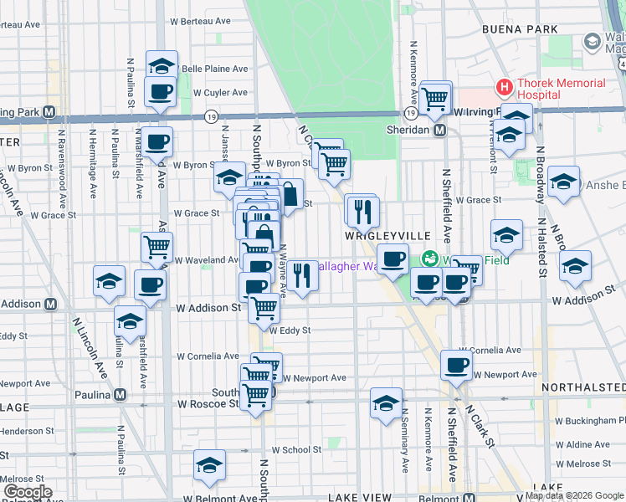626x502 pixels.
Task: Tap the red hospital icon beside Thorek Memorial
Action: click(x=504, y=85)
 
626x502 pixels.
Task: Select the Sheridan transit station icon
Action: click(x=439, y=131)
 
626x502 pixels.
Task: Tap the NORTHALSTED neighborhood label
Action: click(x=583, y=387)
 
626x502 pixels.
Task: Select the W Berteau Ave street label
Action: click(x=200, y=21)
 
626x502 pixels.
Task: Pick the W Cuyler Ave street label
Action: click(x=220, y=93)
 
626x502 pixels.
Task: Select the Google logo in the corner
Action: click(x=27, y=492)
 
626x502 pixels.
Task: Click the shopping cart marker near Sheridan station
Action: click(x=435, y=98)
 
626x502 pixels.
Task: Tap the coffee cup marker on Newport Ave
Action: click(x=456, y=365)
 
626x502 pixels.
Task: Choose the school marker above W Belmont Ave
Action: click(x=209, y=467)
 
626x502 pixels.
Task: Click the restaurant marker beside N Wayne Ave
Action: click(x=302, y=274)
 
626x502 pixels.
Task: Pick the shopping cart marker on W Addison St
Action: click(x=264, y=308)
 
